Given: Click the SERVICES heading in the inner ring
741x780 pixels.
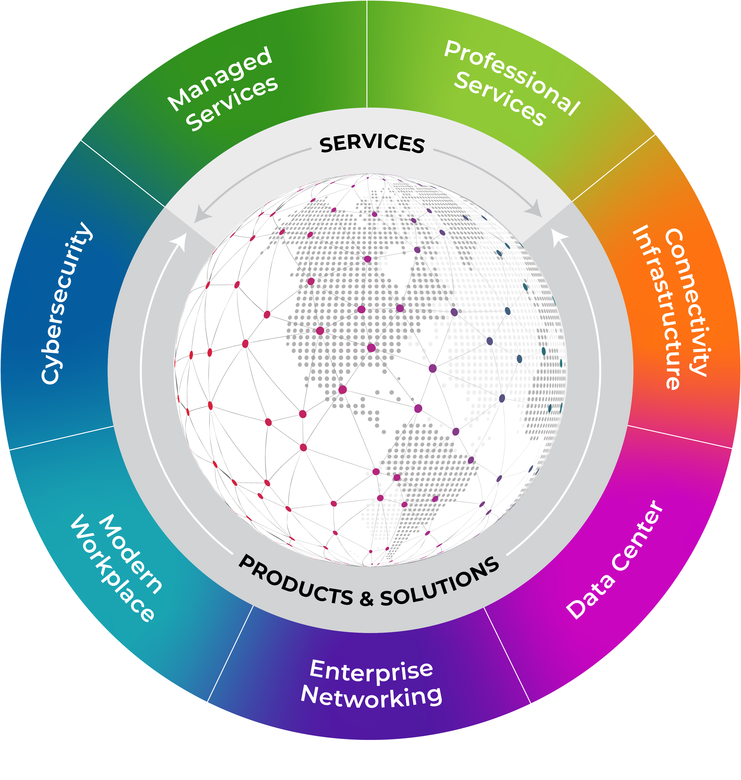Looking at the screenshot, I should tap(372, 144).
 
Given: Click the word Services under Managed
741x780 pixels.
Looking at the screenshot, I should tap(232, 103).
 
